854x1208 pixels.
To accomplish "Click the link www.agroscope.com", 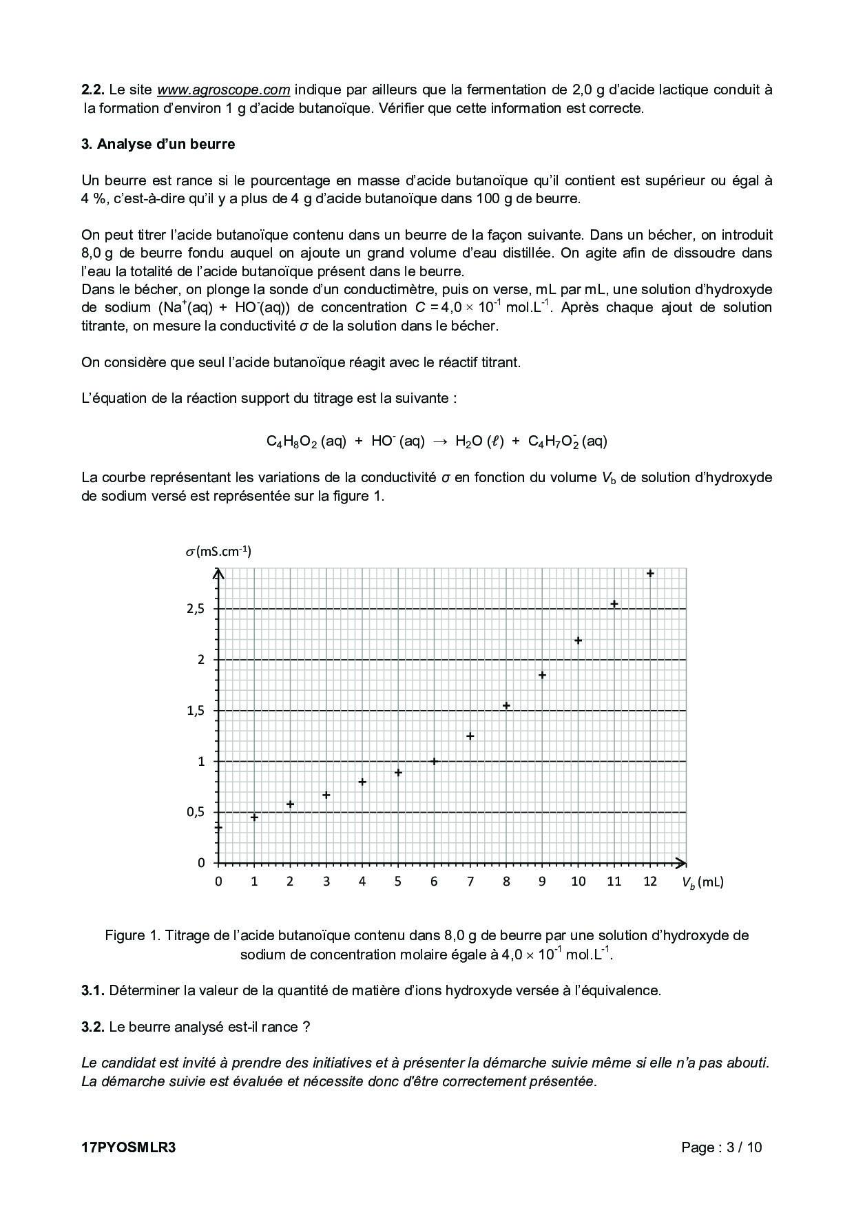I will [x=223, y=90].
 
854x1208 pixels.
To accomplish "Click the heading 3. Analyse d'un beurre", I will [x=158, y=144].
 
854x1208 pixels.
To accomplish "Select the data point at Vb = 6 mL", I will [x=434, y=761].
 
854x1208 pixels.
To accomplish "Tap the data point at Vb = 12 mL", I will [x=649, y=573].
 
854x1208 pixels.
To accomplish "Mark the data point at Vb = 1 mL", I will [x=254, y=818].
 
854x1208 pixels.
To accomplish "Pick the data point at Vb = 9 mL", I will [x=542, y=675].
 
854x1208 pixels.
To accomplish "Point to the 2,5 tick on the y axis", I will [x=196, y=609].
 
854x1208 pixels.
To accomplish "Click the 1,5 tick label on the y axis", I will [x=196, y=711].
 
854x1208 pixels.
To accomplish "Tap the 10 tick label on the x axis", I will [x=578, y=882].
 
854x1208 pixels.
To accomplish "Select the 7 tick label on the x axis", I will [x=470, y=882].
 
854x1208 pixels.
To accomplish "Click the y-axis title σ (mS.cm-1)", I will [x=218, y=552].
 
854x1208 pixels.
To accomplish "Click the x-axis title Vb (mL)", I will [x=702, y=882].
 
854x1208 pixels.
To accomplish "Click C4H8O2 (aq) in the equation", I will [x=306, y=441].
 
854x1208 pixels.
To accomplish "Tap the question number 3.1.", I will [x=92, y=990].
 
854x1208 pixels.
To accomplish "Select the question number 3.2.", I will [x=92, y=1027].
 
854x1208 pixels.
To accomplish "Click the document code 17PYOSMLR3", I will [x=129, y=1147].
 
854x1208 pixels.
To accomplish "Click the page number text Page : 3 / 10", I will [x=721, y=1147].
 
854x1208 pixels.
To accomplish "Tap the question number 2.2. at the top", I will [x=92, y=90].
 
